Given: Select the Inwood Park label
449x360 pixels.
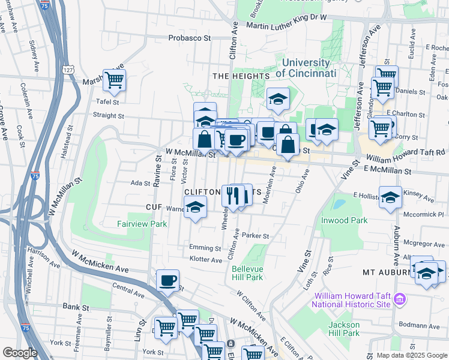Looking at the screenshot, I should coord(344,220).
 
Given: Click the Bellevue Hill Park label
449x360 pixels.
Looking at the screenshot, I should coord(247,273).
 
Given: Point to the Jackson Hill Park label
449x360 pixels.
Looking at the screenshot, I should coord(343,329).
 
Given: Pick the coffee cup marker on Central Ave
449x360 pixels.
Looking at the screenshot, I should coord(167,280).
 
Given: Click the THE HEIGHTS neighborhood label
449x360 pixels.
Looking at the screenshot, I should coord(241,76).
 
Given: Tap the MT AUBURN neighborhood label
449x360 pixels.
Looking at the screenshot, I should coord(385,272).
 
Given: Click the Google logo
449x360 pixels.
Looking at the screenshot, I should coord(20,353).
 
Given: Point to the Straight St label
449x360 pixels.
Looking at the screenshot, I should coord(109,116).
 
